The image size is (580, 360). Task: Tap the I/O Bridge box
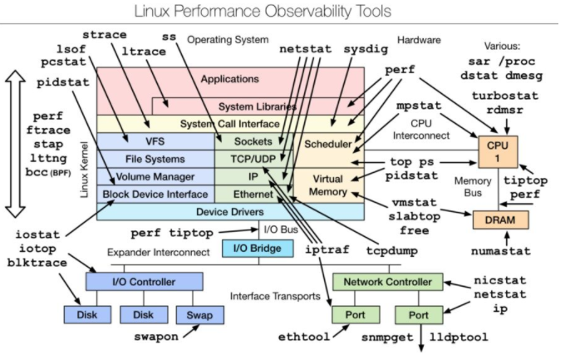coord(257,249)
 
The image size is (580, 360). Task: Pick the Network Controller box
coord(386,281)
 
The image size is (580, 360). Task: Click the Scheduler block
coord(327,144)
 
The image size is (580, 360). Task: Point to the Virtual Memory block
coord(327,185)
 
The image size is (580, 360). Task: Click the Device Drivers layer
coord(230,211)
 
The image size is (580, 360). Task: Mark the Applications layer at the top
coord(230,80)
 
